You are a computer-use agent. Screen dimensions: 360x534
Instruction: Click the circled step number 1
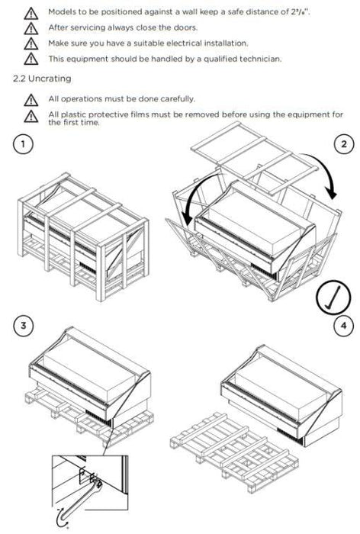click(23, 144)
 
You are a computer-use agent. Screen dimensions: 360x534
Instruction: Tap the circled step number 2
click(344, 144)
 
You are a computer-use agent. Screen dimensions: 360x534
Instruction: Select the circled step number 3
click(23, 325)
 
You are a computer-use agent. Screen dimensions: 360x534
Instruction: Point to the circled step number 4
click(343, 326)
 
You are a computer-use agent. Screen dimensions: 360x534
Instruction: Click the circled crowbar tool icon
click(333, 297)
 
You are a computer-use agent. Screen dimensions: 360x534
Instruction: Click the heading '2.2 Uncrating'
click(42, 79)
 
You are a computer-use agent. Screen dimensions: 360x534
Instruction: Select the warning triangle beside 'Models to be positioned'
click(31, 13)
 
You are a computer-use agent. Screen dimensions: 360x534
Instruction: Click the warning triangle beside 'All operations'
click(31, 100)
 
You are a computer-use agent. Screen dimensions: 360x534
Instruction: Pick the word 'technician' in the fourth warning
click(260, 59)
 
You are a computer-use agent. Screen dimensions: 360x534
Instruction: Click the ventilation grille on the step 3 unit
click(98, 417)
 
